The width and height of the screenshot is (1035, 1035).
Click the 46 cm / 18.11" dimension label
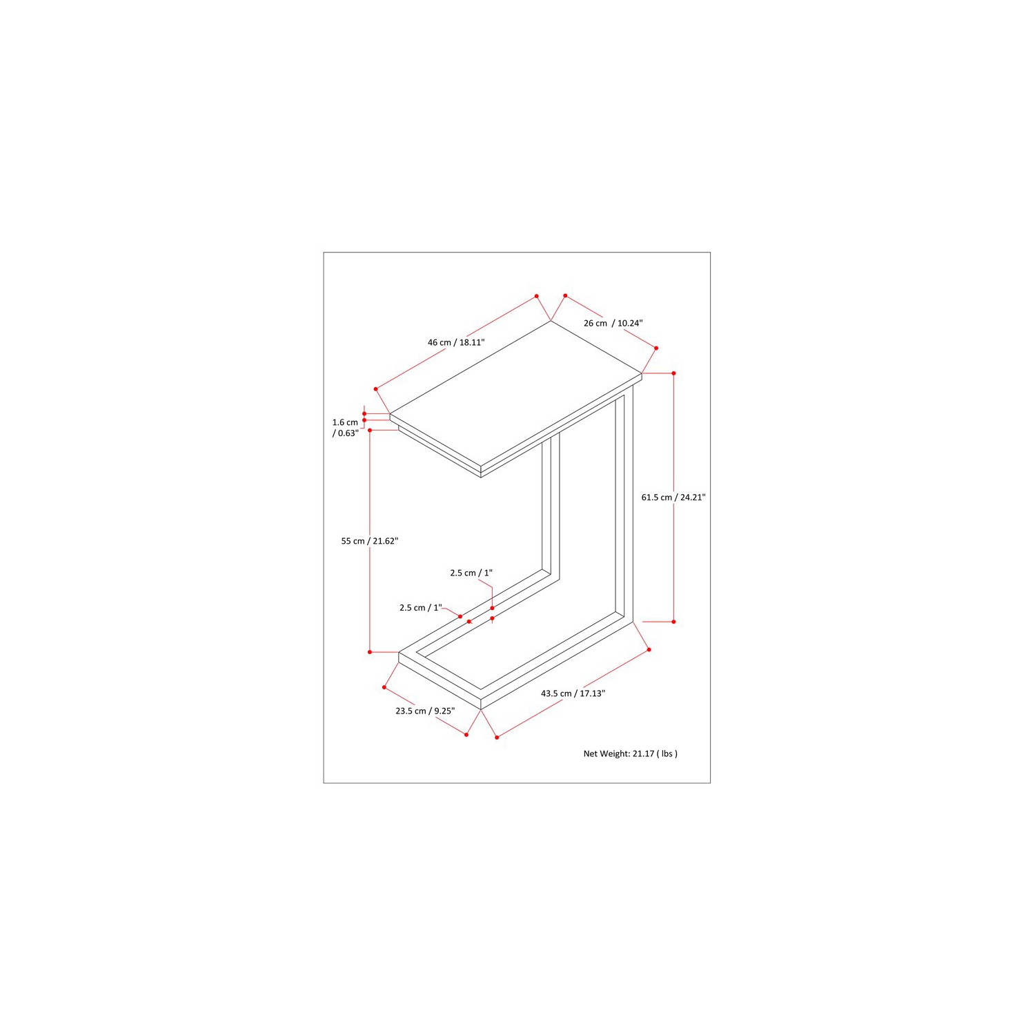[x=456, y=342]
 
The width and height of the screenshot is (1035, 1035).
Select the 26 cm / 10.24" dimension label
[x=613, y=323]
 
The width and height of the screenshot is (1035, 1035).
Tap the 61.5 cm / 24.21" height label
[x=673, y=497]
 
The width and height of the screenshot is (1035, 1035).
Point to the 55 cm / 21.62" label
[x=370, y=541]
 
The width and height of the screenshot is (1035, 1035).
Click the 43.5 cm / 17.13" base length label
[x=573, y=693]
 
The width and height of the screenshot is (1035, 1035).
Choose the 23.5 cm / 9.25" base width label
[x=425, y=711]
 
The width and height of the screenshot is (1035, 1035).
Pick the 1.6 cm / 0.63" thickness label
[x=346, y=428]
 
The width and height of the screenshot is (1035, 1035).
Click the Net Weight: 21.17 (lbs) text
[x=631, y=753]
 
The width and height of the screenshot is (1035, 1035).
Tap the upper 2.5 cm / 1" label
[x=471, y=573]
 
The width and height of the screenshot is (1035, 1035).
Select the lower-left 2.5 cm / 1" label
[x=420, y=607]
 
